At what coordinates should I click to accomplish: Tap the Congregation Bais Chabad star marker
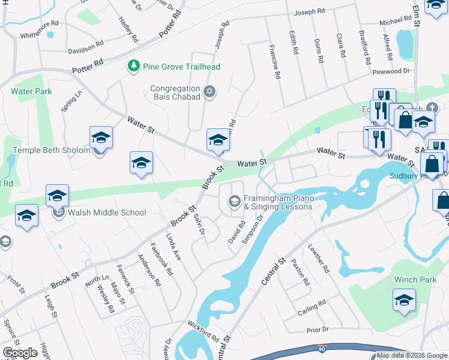coord(209,92)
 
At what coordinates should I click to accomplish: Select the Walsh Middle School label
coord(107,212)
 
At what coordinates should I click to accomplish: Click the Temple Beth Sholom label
coord(52,150)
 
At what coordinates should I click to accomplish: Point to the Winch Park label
coord(415,280)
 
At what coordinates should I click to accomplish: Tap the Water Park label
coord(31,91)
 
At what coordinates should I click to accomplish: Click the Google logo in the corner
coord(20,352)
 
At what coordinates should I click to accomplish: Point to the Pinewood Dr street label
coord(391,71)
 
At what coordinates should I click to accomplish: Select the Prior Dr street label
coord(318,330)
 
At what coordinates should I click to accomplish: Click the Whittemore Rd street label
coord(39,23)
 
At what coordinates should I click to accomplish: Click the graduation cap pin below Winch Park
coord(404,301)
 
